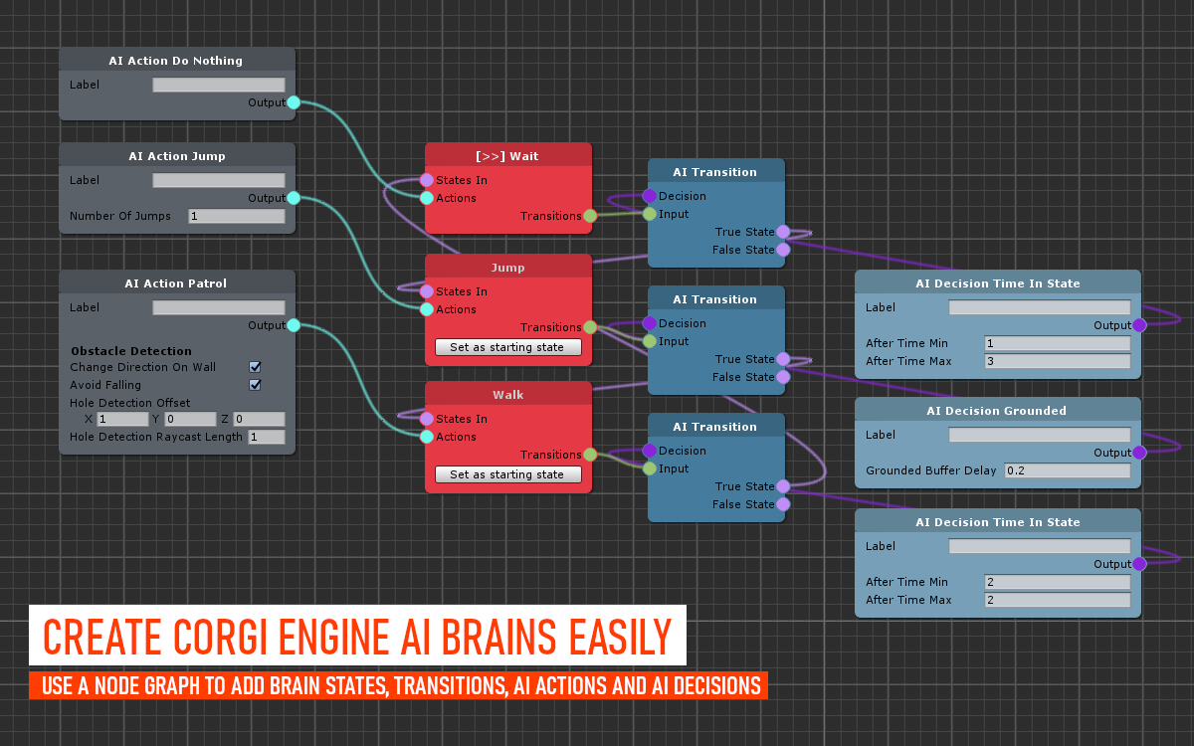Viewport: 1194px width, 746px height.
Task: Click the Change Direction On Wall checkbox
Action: tap(255, 367)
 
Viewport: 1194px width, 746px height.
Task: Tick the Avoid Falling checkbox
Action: tap(255, 385)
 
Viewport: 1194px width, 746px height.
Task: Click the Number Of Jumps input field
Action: tap(237, 216)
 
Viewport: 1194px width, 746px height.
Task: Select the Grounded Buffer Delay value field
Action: tap(1067, 470)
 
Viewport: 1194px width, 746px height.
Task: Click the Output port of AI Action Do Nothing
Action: tap(294, 102)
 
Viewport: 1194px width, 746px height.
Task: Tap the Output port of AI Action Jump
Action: tap(294, 198)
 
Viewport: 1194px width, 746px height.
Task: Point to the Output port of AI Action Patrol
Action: tap(294, 325)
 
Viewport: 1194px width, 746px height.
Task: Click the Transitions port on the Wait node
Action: tap(589, 216)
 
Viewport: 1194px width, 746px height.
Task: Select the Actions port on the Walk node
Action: tap(427, 437)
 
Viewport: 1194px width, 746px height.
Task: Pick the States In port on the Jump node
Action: tap(427, 291)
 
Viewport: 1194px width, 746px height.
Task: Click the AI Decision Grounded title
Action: tap(996, 411)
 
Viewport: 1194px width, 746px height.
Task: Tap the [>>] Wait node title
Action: tap(506, 156)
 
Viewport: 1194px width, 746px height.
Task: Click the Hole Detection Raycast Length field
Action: tap(267, 437)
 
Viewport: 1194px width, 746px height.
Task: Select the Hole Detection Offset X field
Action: tap(122, 419)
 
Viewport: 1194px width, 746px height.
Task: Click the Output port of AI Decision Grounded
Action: tap(1139, 453)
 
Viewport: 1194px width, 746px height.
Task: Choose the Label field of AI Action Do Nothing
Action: tap(219, 85)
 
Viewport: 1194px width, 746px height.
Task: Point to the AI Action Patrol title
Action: tap(176, 283)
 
